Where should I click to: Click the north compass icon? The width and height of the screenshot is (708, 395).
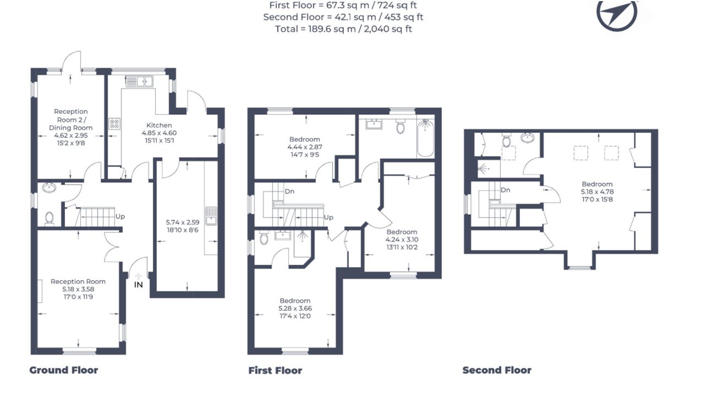click(617, 14)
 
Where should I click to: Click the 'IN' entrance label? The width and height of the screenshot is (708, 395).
click(139, 285)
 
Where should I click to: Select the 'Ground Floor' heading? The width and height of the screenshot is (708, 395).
click(63, 370)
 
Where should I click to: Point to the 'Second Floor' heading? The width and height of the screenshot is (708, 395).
click(497, 370)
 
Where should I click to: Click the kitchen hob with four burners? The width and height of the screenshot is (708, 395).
click(114, 124)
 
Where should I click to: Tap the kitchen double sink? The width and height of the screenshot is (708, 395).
click(139, 81)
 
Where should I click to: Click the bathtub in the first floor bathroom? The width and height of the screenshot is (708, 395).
click(425, 138)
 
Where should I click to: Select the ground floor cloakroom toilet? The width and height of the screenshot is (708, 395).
click(50, 219)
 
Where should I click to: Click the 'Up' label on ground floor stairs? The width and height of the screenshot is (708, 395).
click(120, 216)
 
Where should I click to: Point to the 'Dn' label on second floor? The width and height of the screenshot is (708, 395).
click(506, 190)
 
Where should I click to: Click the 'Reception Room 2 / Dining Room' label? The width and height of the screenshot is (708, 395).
click(70, 120)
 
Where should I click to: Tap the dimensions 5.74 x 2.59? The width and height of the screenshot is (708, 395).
click(183, 222)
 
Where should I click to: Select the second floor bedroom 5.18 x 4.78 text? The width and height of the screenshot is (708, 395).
click(597, 192)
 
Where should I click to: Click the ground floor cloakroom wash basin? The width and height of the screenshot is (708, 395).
click(49, 188)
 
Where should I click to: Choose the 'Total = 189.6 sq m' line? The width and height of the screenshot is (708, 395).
click(343, 29)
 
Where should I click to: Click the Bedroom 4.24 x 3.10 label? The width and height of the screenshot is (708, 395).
click(402, 240)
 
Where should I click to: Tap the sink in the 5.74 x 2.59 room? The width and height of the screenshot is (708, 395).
click(211, 216)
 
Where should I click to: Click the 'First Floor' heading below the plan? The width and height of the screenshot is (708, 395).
click(275, 370)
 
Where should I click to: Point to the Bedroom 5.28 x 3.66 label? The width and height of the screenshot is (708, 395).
click(295, 309)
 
